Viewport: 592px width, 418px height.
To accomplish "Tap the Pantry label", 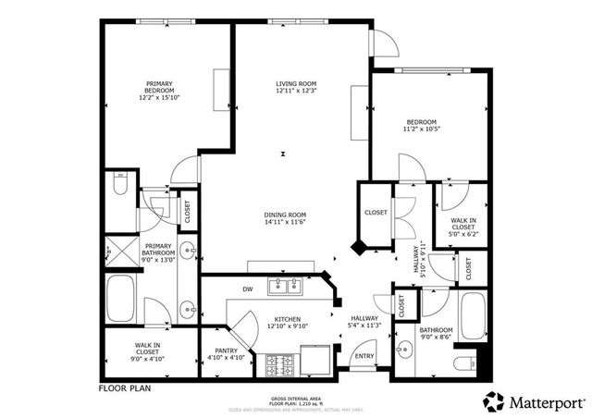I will (x=227, y=351).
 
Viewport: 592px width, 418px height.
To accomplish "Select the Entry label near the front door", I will (x=364, y=355).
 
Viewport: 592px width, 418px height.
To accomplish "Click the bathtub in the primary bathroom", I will (x=123, y=299).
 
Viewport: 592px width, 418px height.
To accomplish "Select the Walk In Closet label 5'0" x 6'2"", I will (x=462, y=226).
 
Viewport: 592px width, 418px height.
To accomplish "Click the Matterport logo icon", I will (x=495, y=401).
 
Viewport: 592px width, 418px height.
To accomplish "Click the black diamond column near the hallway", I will (x=358, y=248).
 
